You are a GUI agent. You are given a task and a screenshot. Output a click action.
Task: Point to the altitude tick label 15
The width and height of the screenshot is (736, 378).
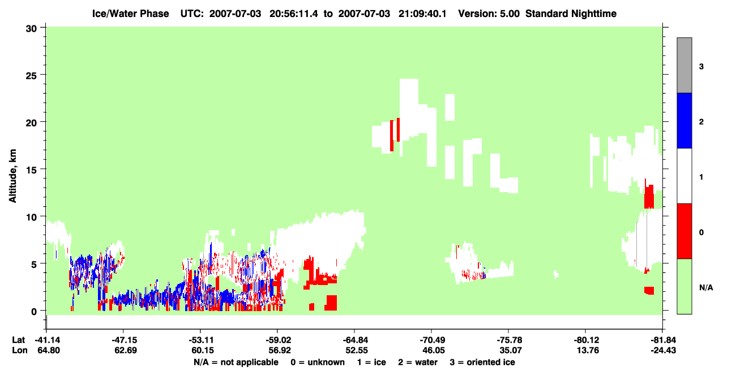point(31,170)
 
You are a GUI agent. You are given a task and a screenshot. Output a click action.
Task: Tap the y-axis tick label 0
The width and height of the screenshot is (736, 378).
point(34,312)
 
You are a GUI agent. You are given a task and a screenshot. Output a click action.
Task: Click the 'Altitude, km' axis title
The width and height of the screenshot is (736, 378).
point(12,176)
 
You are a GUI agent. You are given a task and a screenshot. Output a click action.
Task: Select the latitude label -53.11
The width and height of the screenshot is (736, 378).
point(201,340)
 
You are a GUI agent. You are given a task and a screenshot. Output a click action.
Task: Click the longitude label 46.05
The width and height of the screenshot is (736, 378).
point(433,350)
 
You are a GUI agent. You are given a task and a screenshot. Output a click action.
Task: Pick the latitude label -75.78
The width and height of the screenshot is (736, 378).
point(510,340)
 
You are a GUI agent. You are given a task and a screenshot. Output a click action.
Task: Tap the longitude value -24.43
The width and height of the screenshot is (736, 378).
point(663,350)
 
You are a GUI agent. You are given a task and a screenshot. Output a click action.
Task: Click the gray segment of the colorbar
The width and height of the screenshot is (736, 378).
point(684,65)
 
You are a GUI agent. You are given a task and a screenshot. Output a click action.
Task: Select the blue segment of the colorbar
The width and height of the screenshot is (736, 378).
point(684,120)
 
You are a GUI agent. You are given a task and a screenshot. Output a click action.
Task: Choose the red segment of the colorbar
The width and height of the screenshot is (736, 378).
point(684,231)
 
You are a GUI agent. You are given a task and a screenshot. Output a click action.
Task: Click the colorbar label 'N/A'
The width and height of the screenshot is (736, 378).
point(706,288)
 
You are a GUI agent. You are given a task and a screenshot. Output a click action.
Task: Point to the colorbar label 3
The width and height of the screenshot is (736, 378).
point(701,67)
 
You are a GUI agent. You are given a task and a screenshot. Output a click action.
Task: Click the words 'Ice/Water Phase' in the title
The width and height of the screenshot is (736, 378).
point(130,14)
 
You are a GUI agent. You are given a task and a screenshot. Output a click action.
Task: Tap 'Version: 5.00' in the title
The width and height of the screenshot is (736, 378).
point(489,14)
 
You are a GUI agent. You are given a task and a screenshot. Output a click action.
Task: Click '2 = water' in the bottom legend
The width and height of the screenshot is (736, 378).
point(418,362)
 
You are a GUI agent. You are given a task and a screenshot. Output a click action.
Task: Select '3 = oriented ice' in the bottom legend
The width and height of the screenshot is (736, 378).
point(482,362)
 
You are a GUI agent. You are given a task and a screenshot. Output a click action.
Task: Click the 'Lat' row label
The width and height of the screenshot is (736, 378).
point(18,340)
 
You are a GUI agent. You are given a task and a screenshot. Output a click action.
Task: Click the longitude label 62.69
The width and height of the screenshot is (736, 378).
point(126,350)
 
